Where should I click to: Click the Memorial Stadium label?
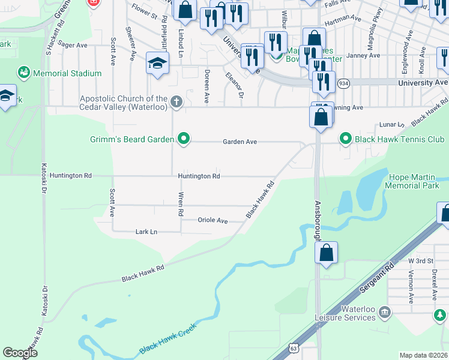coord(68,73)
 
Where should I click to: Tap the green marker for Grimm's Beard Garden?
coord(184,140)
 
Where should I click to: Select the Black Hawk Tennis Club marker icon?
coord(345,139)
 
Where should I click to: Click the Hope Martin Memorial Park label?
coord(414,181)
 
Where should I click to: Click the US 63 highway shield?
coord(293,348)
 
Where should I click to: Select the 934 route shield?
coord(343,82)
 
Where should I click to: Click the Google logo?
coord(20,353)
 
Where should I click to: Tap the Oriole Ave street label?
coord(213,220)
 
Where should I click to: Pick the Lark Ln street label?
coord(146,232)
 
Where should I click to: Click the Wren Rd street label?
coord(180,204)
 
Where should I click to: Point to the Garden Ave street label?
coord(240,142)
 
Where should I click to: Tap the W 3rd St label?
coord(420,260)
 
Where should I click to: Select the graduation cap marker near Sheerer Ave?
coord(157,63)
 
